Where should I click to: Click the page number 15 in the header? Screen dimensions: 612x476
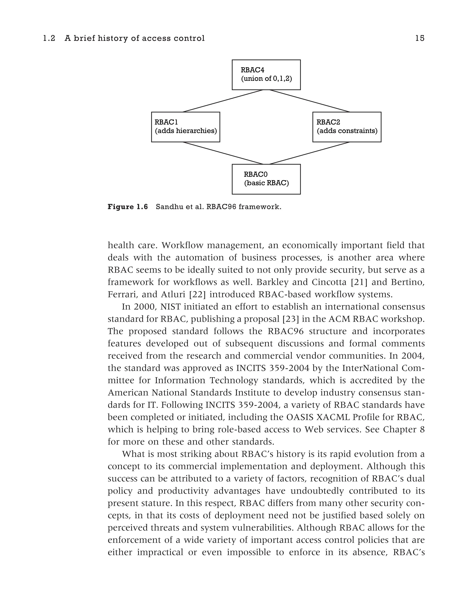pos(420,38)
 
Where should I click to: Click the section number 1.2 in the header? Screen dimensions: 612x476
pos(49,38)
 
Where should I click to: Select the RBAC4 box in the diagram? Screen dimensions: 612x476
pos(266,75)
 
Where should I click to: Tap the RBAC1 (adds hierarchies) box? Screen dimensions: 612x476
pos(185,127)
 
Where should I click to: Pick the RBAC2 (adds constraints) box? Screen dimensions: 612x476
pos(347,127)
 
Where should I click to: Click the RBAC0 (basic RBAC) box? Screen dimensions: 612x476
pos(266,179)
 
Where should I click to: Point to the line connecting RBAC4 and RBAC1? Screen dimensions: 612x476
pos(223,101)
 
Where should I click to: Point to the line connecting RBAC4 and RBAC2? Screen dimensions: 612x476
pos(310,101)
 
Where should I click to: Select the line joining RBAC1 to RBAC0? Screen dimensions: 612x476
pos(223,153)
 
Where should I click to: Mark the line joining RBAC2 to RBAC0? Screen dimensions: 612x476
pos(310,153)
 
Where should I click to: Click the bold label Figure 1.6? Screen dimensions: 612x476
pos(128,207)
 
